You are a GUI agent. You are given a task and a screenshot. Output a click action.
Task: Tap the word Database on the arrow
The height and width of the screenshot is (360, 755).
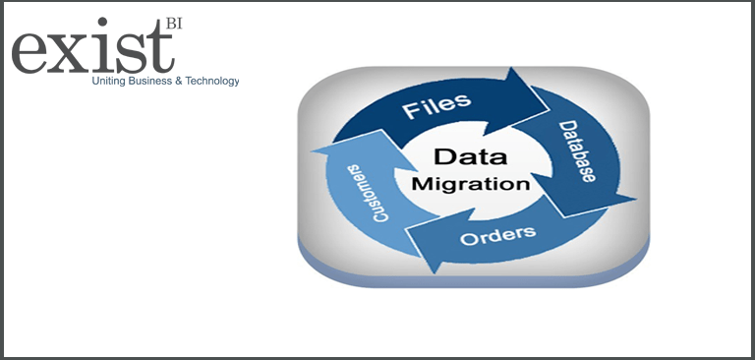click(577, 151)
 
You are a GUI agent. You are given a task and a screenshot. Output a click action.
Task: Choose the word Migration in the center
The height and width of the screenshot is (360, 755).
click(471, 183)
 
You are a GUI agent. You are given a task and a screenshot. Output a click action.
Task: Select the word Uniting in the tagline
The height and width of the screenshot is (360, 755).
click(108, 81)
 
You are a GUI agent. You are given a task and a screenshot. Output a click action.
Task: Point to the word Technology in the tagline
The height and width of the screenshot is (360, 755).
click(211, 81)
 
